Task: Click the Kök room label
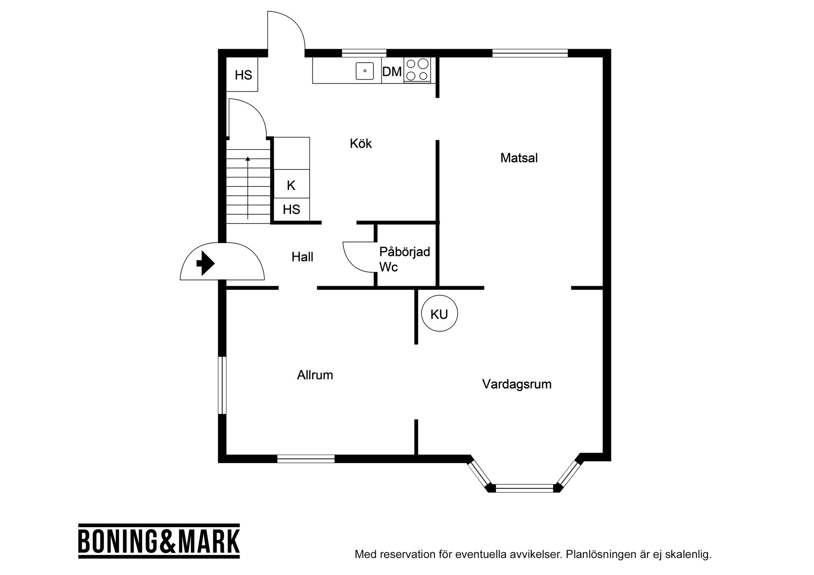361,143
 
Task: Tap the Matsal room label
519,158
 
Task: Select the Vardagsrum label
517,384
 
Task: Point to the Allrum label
315,375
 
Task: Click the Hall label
302,257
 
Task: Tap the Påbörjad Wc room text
404,259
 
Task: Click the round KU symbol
440,314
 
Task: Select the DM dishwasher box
392,70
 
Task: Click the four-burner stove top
417,69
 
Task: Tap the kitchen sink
365,71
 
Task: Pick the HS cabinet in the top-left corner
242,75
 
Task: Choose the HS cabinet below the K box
292,209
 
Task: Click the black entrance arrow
206,263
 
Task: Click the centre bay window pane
525,488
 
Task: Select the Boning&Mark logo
159,541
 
